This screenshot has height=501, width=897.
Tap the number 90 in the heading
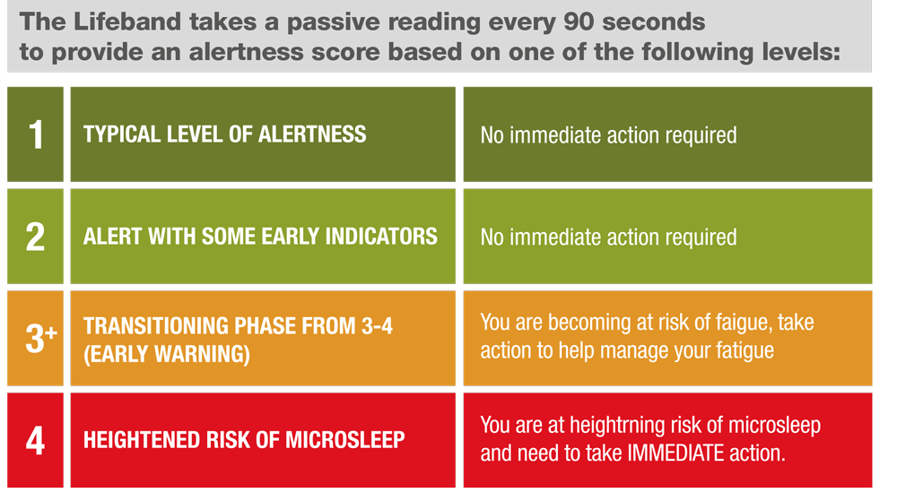(579, 22)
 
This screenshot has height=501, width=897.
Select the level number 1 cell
(36, 134)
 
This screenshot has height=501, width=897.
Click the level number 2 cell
(36, 236)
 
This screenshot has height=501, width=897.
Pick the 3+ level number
(40, 338)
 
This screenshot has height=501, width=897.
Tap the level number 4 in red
(35, 440)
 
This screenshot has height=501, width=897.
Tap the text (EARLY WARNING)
(167, 354)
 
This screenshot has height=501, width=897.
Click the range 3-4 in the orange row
(377, 326)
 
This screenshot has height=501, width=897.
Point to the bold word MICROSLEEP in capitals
(345, 440)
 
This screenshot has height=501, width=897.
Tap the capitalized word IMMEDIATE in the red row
(675, 453)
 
